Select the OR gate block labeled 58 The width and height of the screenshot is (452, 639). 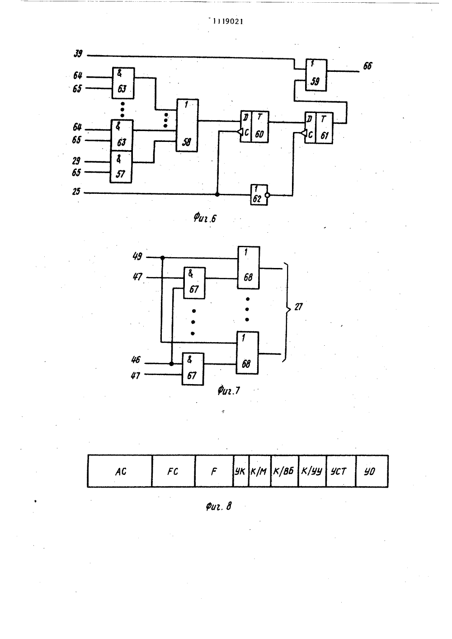187,125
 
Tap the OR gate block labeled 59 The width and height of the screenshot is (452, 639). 316,75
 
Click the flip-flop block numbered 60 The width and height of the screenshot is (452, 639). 254,127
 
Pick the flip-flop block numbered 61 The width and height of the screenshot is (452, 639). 319,128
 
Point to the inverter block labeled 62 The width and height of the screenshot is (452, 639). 259,195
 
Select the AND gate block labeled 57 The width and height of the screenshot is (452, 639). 121,167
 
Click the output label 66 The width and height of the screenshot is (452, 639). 367,66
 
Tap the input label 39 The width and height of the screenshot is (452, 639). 78,53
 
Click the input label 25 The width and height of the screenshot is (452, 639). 76,192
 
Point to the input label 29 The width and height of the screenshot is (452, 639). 76,161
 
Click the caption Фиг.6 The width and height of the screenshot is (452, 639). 205,219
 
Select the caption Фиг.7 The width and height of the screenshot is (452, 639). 229,390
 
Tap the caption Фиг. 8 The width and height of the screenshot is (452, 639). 219,506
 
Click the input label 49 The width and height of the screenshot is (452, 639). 137,256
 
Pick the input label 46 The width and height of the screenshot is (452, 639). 136,360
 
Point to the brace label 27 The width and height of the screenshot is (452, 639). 298,307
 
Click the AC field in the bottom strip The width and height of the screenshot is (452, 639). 120,471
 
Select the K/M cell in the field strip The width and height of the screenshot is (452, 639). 259,471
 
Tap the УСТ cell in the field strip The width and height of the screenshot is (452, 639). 341,471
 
